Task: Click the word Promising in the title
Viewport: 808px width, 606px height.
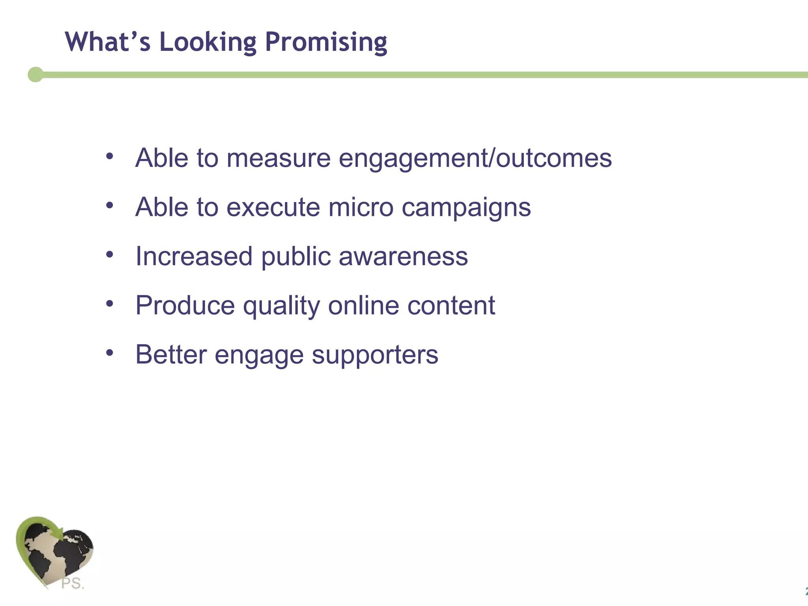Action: pyautogui.click(x=326, y=43)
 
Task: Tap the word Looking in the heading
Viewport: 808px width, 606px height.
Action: pyautogui.click(x=208, y=43)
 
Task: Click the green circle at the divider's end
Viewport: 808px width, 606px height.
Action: pyautogui.click(x=36, y=75)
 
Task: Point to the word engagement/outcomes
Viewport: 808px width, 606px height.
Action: pyautogui.click(x=475, y=159)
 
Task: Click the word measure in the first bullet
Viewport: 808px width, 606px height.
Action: pyautogui.click(x=278, y=158)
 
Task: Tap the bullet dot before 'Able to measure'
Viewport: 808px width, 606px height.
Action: pyautogui.click(x=110, y=156)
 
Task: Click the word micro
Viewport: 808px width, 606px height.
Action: pyautogui.click(x=361, y=207)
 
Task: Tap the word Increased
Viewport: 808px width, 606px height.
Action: pyautogui.click(x=194, y=256)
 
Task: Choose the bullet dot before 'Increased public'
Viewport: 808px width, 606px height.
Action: pyautogui.click(x=110, y=254)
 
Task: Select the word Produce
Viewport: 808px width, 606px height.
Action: pyautogui.click(x=185, y=306)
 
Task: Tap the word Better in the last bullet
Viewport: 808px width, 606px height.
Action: pyautogui.click(x=171, y=355)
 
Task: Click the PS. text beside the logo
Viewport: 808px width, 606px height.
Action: pyautogui.click(x=73, y=583)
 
